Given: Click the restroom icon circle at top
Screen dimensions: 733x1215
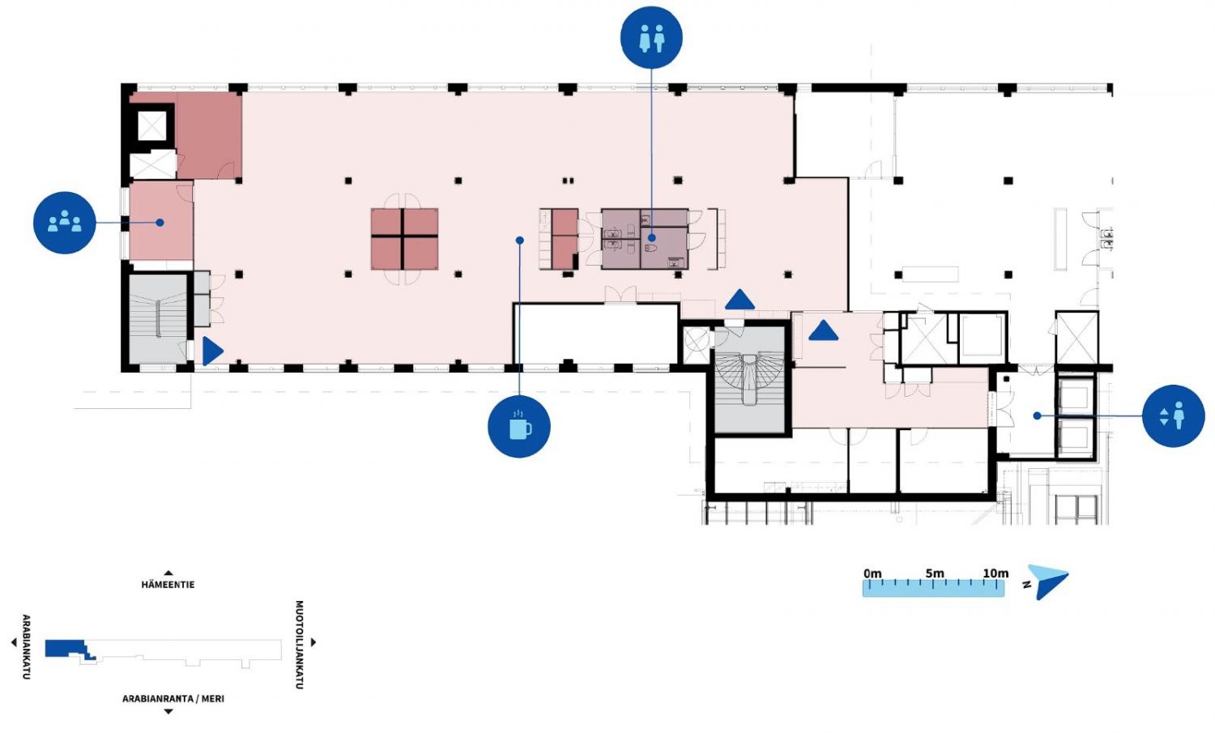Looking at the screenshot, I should pyautogui.click(x=651, y=36).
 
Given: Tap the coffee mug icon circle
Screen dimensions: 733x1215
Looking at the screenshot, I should pyautogui.click(x=519, y=426).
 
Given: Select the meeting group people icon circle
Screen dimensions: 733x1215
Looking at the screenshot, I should pyautogui.click(x=64, y=223).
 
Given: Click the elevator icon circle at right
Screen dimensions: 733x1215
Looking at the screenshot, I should pyautogui.click(x=1173, y=416).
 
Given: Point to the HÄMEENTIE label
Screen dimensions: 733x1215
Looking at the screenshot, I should pyautogui.click(x=168, y=584).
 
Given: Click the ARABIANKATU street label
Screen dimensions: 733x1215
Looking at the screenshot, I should pyautogui.click(x=27, y=646).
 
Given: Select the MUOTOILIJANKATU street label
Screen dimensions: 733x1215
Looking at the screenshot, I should pyautogui.click(x=299, y=644).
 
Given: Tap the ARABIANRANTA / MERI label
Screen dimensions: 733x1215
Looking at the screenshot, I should pyautogui.click(x=173, y=698).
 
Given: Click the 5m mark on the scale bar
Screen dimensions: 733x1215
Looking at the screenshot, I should pyautogui.click(x=935, y=573).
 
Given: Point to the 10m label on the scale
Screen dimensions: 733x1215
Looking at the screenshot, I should pyautogui.click(x=995, y=573).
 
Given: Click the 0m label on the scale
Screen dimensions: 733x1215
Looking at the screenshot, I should pyautogui.click(x=872, y=573).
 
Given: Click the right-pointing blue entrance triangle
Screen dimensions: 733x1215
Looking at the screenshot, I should pyautogui.click(x=211, y=351).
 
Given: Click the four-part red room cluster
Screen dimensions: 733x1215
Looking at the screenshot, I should pyautogui.click(x=404, y=238).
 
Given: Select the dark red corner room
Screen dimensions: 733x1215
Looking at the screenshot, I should pyautogui.click(x=209, y=134).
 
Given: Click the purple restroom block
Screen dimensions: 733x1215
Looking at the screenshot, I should pyautogui.click(x=645, y=239).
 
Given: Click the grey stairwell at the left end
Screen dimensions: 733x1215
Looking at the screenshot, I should pyautogui.click(x=157, y=318).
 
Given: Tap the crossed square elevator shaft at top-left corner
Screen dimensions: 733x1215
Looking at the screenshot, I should pyautogui.click(x=151, y=126).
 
